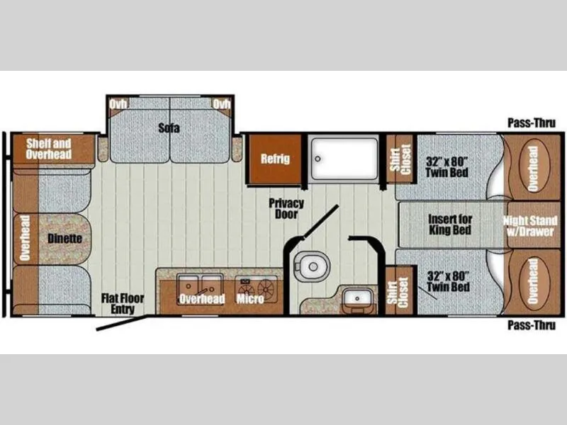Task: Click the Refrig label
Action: [276, 159]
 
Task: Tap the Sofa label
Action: [169, 127]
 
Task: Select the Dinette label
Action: [64, 239]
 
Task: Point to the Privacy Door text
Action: [286, 208]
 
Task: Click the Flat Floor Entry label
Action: [123, 304]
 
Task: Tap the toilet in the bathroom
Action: [311, 266]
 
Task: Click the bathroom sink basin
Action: [357, 298]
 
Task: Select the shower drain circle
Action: [318, 159]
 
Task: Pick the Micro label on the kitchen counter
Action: [250, 298]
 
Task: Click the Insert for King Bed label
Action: [450, 225]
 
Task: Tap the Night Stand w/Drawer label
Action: [530, 226]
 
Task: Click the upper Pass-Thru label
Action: [532, 123]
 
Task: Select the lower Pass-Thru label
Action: [532, 325]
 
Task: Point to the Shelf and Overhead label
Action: [48, 149]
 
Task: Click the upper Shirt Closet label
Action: [400, 159]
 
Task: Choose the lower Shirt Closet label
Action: [399, 292]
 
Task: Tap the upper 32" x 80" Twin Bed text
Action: [447, 166]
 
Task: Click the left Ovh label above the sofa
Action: [118, 104]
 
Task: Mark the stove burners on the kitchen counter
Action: [257, 288]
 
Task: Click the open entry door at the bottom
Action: [121, 323]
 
